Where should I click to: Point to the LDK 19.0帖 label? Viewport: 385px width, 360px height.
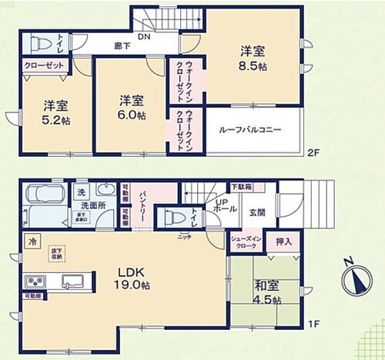(131, 278)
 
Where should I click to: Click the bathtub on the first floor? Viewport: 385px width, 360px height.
(44, 198)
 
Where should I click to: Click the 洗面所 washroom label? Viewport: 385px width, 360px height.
(91, 207)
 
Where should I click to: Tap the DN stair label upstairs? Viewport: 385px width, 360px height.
(143, 36)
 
